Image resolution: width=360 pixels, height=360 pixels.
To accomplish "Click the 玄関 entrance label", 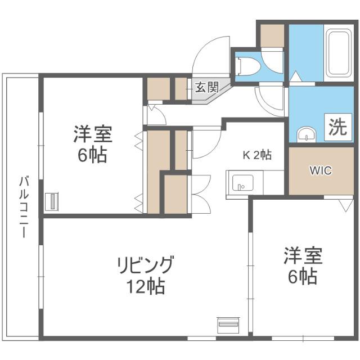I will point(206,87).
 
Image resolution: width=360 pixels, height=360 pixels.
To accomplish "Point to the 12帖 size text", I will point(145,287).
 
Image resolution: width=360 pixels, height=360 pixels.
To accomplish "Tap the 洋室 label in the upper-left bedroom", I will point(92,135).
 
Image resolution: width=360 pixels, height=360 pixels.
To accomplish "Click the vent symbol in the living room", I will point(228,325).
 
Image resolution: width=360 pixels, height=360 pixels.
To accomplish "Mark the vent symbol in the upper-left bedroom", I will point(52,201).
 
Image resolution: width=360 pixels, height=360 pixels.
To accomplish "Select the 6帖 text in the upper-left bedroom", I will point(92,156).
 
